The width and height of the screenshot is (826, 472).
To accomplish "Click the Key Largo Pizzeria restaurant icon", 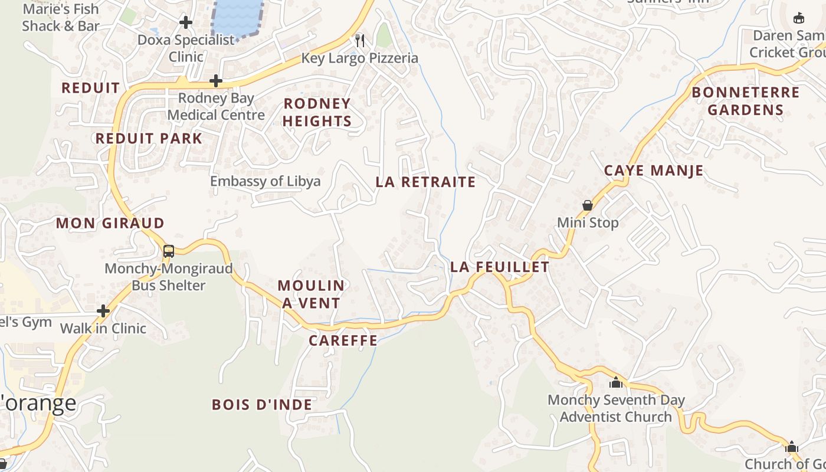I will [360, 40].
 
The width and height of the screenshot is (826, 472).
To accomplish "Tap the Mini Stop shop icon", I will [588, 205].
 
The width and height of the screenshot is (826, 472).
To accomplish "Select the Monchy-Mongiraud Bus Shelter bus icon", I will [169, 251].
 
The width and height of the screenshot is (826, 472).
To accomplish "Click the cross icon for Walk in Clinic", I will [103, 310].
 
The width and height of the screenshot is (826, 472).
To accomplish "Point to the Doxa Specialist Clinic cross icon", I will [186, 22].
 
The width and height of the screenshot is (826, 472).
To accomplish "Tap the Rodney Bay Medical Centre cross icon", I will [216, 80].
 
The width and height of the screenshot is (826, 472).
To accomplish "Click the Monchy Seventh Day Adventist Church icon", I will [616, 382].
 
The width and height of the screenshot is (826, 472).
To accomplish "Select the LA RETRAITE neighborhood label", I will [425, 182].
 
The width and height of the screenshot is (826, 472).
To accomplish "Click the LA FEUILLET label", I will [500, 267].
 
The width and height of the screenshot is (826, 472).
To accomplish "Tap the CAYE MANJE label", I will [654, 171].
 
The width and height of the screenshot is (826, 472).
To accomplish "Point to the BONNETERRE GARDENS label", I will [746, 101].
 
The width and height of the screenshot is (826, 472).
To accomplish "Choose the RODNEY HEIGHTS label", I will [317, 112].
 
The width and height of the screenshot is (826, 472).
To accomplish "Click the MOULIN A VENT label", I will [310, 294].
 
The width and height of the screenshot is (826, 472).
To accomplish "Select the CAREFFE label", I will [343, 340].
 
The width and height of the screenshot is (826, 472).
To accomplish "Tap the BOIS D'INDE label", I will [262, 404].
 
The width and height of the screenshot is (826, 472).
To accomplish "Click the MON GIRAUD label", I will [110, 223].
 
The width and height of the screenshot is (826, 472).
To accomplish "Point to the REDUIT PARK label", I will [149, 139].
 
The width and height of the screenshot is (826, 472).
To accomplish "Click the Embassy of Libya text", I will [265, 181].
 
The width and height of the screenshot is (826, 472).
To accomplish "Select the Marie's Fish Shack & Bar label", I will [61, 17].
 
